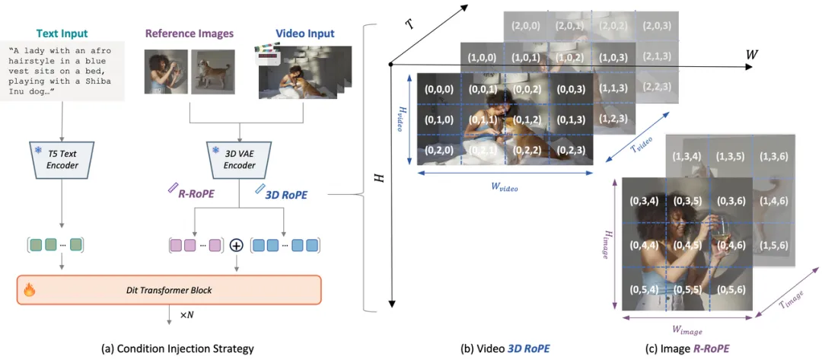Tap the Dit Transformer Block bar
tap(169, 289)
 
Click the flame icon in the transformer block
tap(30, 289)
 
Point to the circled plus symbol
tap(237, 245)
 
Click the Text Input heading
tap(62, 34)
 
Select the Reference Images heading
tap(190, 34)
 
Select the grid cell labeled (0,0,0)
tap(439, 89)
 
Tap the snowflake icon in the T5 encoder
tap(38, 150)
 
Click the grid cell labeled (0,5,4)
tap(643, 288)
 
